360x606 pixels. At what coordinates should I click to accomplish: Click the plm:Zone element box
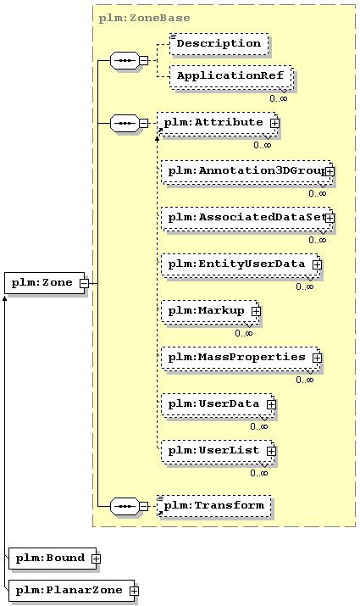tap(44, 283)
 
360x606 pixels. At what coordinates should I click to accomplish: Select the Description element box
tap(219, 44)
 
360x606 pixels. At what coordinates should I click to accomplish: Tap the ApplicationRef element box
tap(231, 77)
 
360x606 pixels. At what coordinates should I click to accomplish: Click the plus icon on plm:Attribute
tap(274, 123)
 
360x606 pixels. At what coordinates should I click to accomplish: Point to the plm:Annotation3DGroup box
tap(247, 172)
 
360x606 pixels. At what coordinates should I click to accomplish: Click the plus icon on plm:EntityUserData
tap(317, 264)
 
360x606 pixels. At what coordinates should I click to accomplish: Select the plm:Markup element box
tap(211, 312)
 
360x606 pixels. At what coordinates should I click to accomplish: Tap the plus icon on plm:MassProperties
tap(317, 358)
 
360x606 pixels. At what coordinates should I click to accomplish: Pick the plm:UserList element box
tap(219, 453)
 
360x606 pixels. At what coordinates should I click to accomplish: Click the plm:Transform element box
tap(214, 506)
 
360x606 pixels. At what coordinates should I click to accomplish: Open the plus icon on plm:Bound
tap(97, 559)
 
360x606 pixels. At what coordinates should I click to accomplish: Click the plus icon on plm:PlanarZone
tap(134, 591)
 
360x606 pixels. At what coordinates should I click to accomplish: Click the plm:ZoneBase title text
tap(145, 18)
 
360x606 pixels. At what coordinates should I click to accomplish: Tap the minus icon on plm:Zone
tap(84, 283)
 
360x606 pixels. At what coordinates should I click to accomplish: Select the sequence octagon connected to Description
tap(125, 61)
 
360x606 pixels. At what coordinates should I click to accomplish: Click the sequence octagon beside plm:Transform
tap(125, 506)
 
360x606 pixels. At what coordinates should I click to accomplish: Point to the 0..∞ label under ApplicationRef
tap(279, 98)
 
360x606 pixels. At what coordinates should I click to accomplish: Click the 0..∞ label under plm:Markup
tap(244, 333)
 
